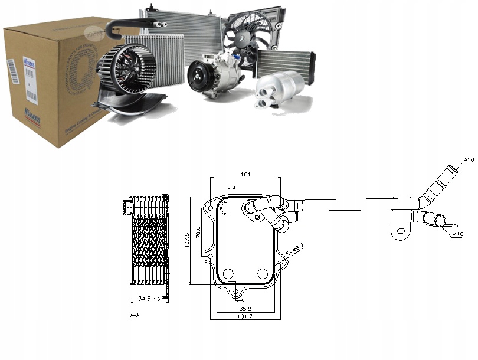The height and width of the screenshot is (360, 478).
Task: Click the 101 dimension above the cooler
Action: pos(245,174)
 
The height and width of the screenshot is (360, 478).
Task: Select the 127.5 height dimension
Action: pos(187,240)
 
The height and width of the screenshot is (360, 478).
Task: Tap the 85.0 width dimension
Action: pos(247,307)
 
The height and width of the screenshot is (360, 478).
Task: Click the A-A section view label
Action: pos(135,316)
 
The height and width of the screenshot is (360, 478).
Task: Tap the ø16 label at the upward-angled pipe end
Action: pos(469,159)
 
